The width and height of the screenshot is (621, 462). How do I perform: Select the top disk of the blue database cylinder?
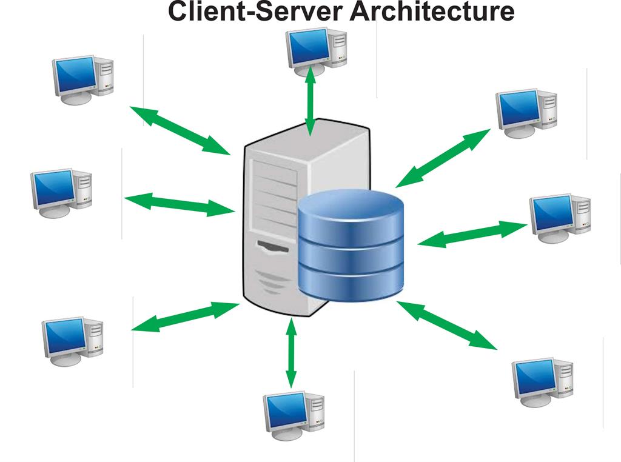click(x=351, y=212)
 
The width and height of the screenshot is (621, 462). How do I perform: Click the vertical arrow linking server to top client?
click(x=310, y=102)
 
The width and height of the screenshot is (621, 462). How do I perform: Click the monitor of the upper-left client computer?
click(x=74, y=75)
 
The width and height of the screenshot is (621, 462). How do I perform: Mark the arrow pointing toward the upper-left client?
click(x=180, y=130)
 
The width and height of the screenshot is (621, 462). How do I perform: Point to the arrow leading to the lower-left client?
click(x=186, y=316)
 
